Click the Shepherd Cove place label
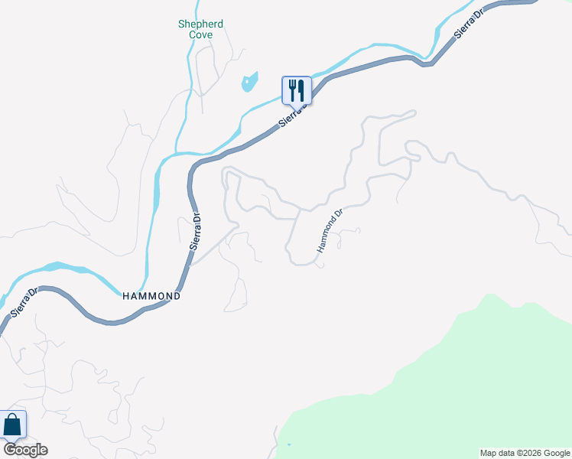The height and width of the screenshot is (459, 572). [200, 29]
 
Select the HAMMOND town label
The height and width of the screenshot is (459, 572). [151, 295]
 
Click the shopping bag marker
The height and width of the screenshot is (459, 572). [13, 425]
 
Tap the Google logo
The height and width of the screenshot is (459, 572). [25, 449]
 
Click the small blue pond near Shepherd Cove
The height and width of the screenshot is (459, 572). [249, 82]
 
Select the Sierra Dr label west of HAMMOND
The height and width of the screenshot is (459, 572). [23, 302]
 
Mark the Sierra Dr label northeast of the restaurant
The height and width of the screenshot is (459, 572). [469, 24]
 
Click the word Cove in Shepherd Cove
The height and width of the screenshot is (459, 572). [201, 34]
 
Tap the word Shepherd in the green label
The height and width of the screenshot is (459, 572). [200, 24]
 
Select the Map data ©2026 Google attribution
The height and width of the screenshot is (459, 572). [525, 453]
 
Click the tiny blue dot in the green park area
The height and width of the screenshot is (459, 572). [289, 444]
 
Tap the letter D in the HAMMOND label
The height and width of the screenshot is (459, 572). [177, 295]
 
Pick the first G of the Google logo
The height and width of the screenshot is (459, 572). [9, 449]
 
